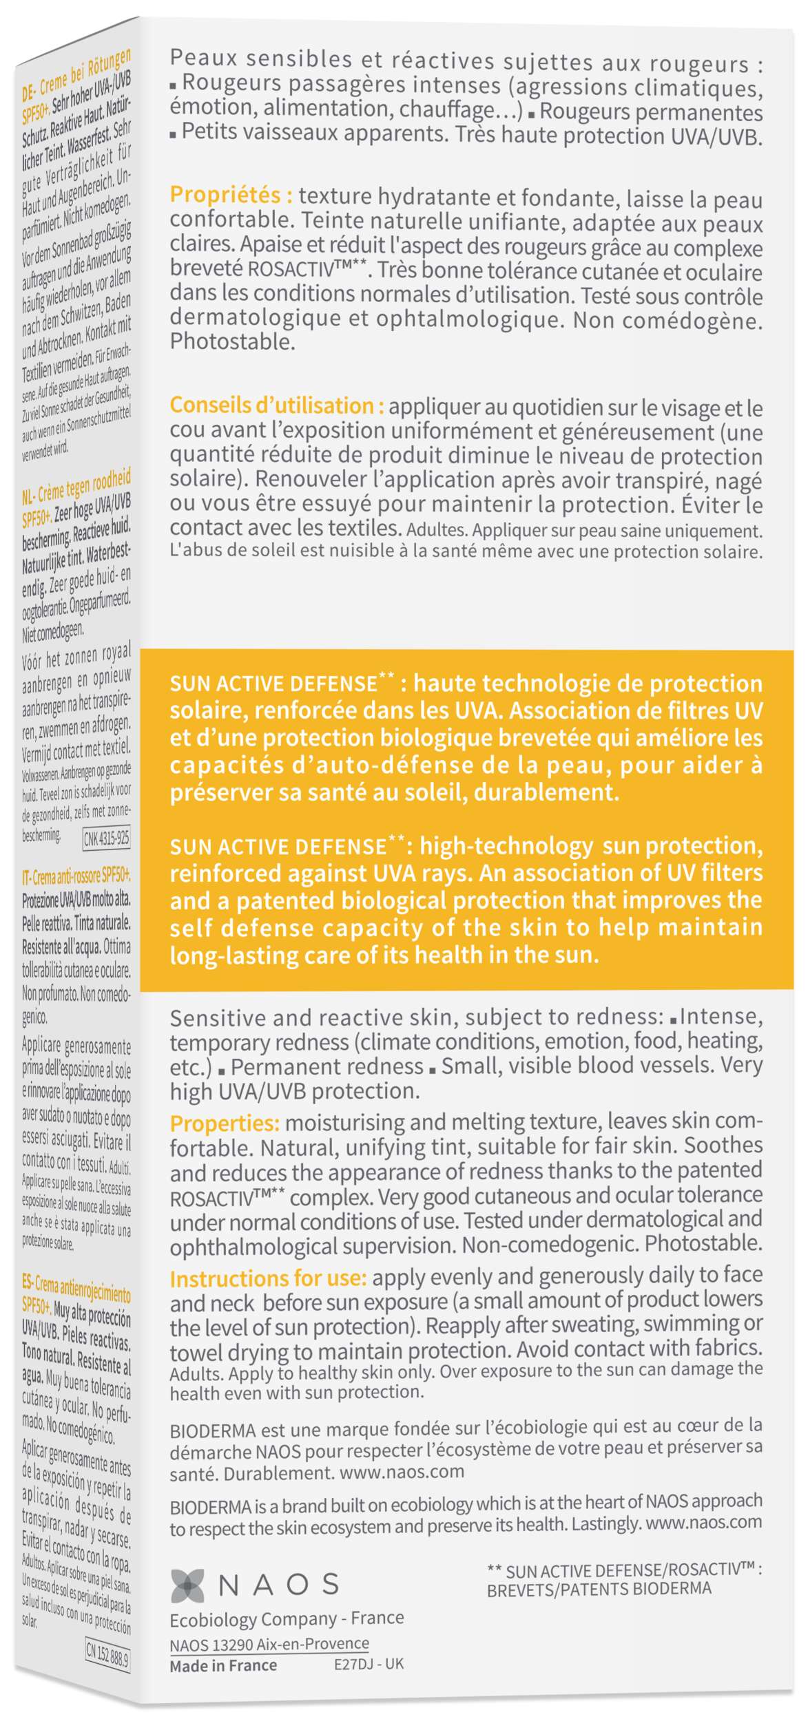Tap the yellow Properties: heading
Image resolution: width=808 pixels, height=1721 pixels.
point(225,1123)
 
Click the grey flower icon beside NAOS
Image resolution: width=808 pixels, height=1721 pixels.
point(187,1585)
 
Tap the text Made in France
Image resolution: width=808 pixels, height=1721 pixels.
point(223,1665)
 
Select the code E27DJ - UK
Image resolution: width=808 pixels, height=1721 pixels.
point(369,1664)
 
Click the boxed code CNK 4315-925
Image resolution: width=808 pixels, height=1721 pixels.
point(106,839)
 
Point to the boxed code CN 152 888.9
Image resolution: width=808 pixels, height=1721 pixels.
point(107,1654)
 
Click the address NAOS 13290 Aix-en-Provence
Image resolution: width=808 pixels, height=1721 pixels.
point(269,1644)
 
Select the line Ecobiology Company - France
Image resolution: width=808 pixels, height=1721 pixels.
point(287,1618)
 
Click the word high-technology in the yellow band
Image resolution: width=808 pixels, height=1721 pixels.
point(506,846)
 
